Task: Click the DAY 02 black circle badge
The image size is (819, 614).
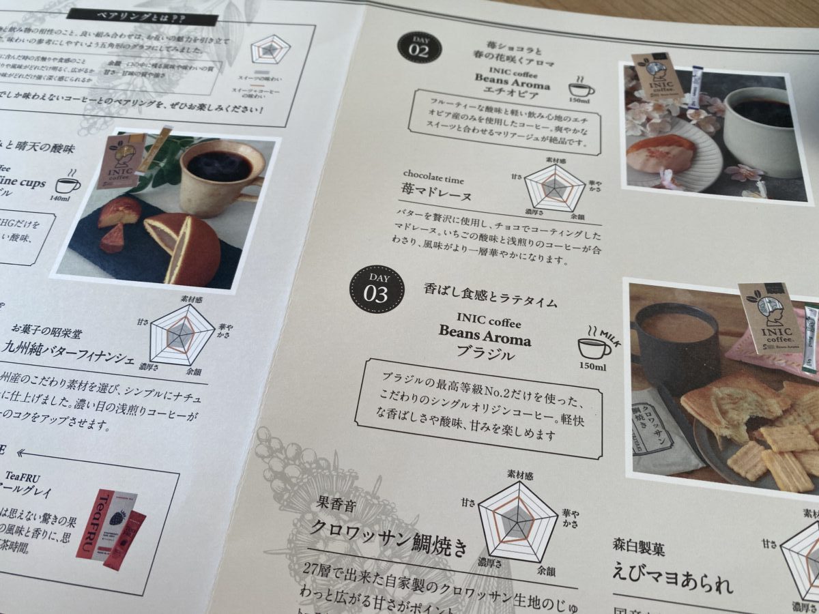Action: click(x=419, y=46)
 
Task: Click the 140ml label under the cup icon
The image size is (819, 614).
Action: click(x=60, y=199)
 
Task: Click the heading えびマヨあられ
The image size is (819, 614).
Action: click(x=672, y=585)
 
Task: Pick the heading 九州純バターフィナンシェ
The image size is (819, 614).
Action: click(x=69, y=357)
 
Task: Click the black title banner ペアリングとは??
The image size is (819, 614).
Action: click(x=143, y=15)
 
